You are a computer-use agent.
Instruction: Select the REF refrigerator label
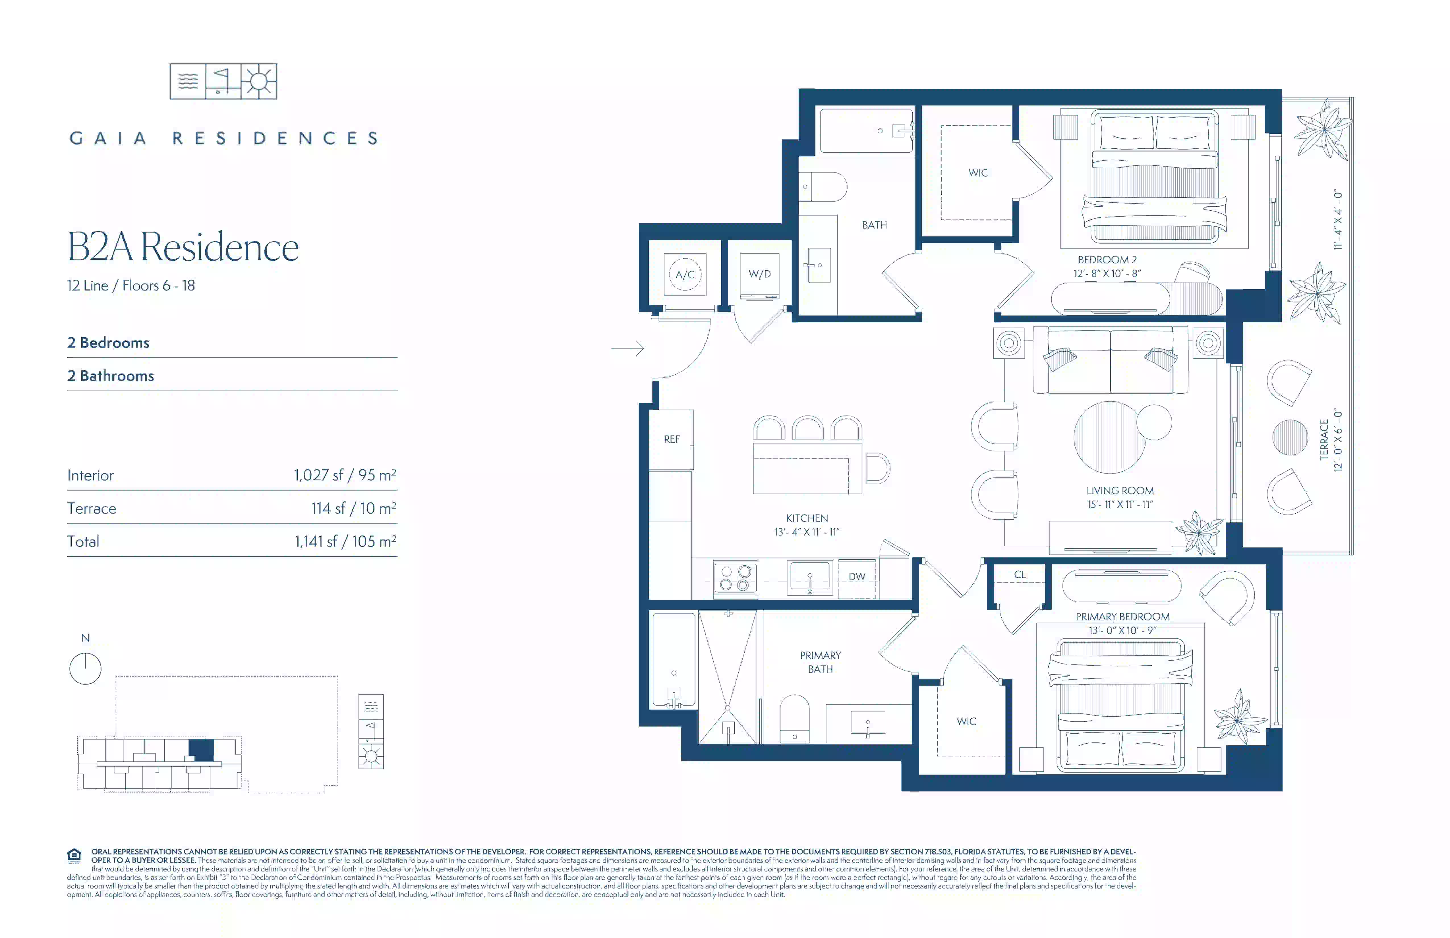pyautogui.click(x=671, y=439)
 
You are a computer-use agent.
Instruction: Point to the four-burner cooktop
pyautogui.click(x=735, y=577)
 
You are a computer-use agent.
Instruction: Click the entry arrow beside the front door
pyautogui.click(x=627, y=348)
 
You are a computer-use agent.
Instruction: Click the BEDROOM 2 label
pyautogui.click(x=1107, y=260)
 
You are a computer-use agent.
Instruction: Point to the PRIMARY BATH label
pyautogui.click(x=820, y=662)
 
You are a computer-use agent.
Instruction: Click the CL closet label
pyautogui.click(x=1020, y=574)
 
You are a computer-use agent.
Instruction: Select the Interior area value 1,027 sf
pyautogui.click(x=318, y=475)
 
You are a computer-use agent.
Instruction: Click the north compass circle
pyautogui.click(x=85, y=669)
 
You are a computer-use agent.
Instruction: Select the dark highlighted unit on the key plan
pyautogui.click(x=202, y=750)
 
